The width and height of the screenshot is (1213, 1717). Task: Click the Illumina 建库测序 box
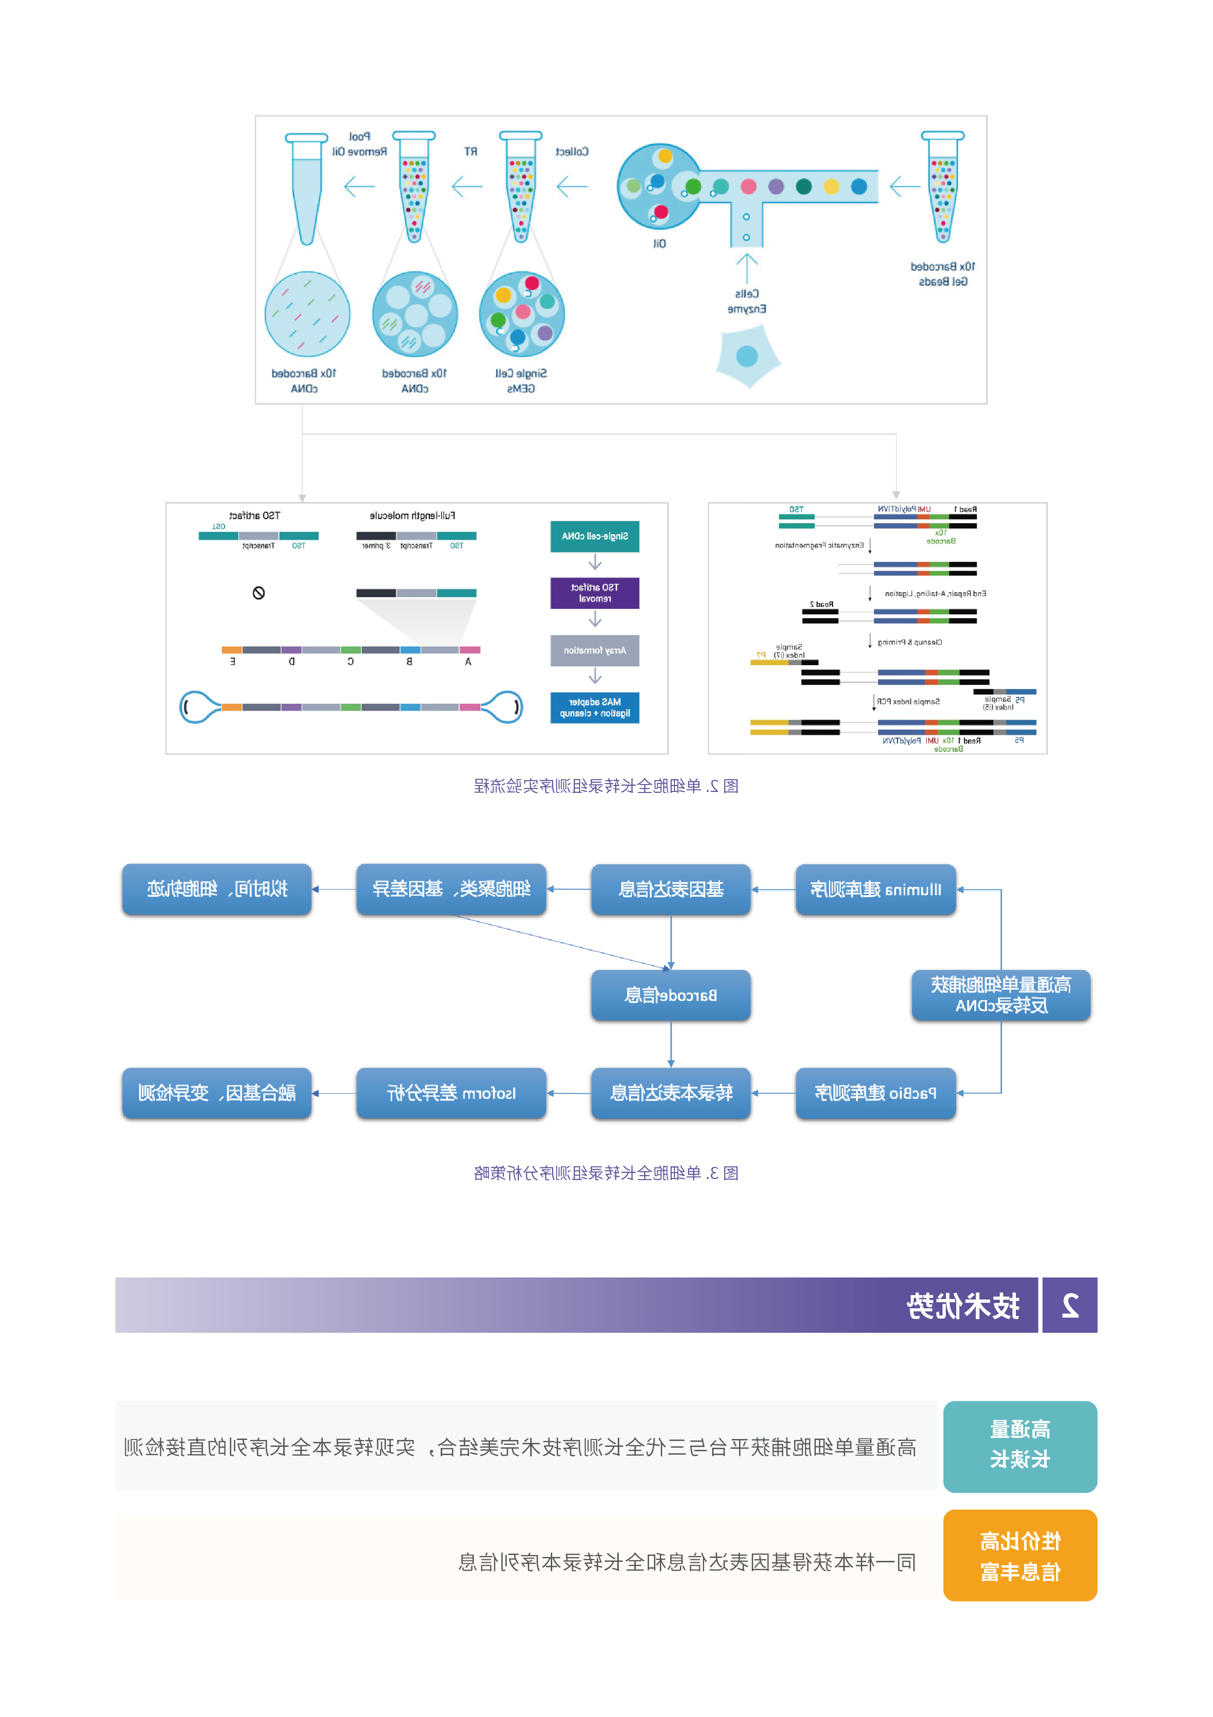tap(875, 889)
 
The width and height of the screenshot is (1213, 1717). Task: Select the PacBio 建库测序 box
tap(875, 1093)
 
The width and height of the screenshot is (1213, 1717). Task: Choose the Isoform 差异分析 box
tap(450, 1093)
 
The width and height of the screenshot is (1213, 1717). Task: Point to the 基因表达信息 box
tap(671, 889)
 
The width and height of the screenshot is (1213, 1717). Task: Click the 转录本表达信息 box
tap(671, 1093)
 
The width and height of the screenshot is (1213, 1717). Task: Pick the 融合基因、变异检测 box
tap(217, 1093)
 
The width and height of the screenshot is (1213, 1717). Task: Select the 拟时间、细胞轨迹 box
tap(217, 889)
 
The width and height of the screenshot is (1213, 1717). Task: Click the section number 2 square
tap(1070, 1305)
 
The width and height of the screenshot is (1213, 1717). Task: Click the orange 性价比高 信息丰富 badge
tap(1019, 1555)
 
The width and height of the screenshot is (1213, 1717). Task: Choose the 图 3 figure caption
tap(606, 1173)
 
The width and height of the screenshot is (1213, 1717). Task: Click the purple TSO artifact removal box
tap(595, 593)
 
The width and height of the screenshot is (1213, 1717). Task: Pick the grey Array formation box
tap(595, 650)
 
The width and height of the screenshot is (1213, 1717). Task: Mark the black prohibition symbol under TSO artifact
tap(259, 593)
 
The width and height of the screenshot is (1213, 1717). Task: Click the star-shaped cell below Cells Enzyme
tap(747, 357)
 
